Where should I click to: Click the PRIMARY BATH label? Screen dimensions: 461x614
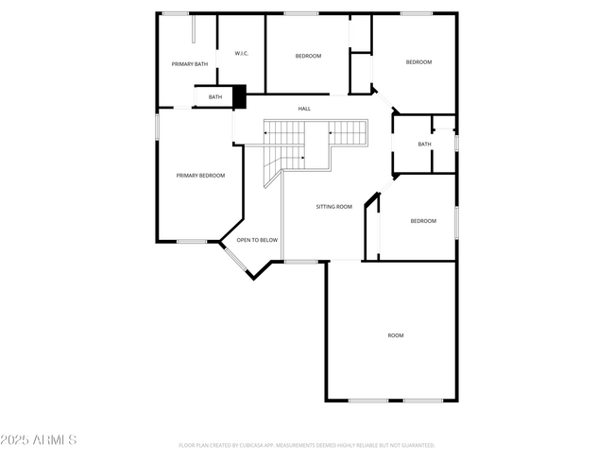point(189,64)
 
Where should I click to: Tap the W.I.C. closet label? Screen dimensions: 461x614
point(240,52)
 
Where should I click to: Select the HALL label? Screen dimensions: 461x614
point(304,109)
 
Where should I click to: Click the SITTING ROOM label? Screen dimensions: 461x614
point(333,206)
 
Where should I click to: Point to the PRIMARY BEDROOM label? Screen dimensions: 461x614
point(200,175)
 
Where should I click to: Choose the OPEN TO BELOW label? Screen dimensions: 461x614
point(257,240)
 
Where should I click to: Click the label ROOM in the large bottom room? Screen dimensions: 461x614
point(395,335)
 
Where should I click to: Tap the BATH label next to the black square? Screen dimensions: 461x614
point(215,96)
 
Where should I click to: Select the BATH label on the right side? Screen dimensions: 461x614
point(424,144)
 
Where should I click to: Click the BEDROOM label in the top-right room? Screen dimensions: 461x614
point(418,62)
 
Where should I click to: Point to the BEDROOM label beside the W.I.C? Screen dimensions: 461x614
point(308,56)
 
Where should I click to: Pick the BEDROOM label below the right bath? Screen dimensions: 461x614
point(423,221)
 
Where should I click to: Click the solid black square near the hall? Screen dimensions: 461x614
point(239,96)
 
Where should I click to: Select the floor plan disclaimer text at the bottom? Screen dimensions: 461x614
point(306,445)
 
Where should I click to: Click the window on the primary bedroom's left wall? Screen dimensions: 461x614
point(157,127)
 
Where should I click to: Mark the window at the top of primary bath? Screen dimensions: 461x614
point(175,13)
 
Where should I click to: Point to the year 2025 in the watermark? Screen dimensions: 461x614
point(15,440)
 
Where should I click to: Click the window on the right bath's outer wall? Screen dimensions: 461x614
point(456,142)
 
